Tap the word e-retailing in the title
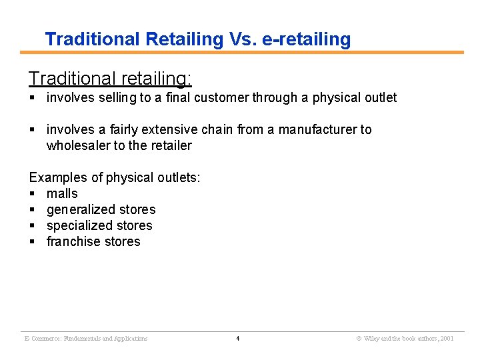(307, 39)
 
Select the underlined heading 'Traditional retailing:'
(110, 79)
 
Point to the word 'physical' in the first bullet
(328, 98)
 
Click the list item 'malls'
(62, 193)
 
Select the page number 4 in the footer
(238, 339)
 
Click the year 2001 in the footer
(447, 339)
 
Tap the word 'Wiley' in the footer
(371, 339)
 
